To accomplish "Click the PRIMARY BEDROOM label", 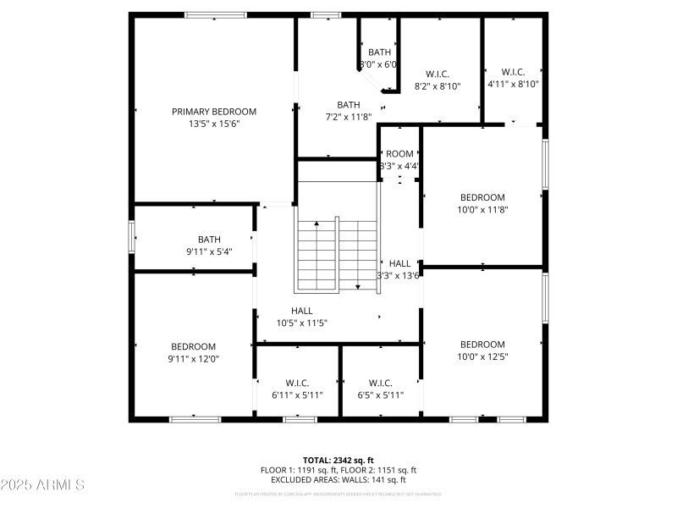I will [x=213, y=112].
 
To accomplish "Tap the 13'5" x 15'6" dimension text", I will [x=213, y=124].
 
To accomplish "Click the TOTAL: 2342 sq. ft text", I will [x=338, y=460].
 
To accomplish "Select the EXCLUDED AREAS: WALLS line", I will [x=338, y=480].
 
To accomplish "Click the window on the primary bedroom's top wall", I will [x=216, y=14].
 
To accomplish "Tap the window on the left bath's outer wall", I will [x=131, y=236].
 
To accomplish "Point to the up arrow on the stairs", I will [x=316, y=224].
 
